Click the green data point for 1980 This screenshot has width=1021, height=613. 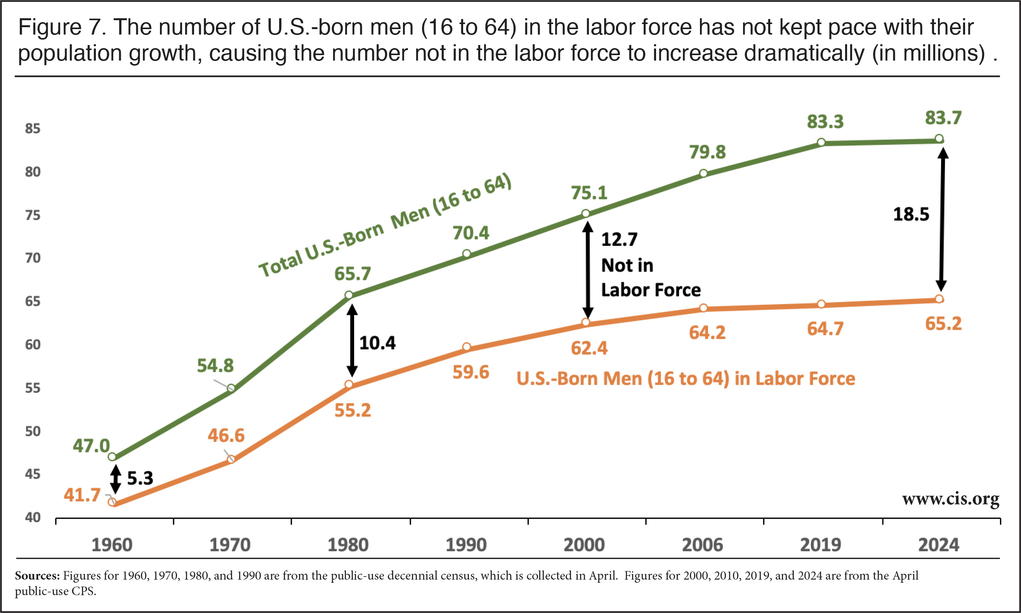point(349,295)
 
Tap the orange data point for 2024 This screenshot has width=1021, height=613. point(939,299)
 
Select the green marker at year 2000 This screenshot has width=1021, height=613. point(586,214)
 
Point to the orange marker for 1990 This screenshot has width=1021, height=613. point(466,347)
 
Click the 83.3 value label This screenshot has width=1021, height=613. point(825,122)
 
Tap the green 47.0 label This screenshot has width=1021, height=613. point(91,446)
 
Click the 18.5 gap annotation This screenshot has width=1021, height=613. point(911,214)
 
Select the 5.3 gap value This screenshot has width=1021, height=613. point(140,478)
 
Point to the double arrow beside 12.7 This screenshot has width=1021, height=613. point(588,271)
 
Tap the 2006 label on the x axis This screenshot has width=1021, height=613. point(702,545)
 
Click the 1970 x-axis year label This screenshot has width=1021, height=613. point(230,545)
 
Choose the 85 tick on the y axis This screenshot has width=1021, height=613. point(33,129)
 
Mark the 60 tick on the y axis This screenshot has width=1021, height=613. point(33,344)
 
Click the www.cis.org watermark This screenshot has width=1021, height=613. point(950,499)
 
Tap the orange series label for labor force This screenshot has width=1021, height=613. point(686,379)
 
